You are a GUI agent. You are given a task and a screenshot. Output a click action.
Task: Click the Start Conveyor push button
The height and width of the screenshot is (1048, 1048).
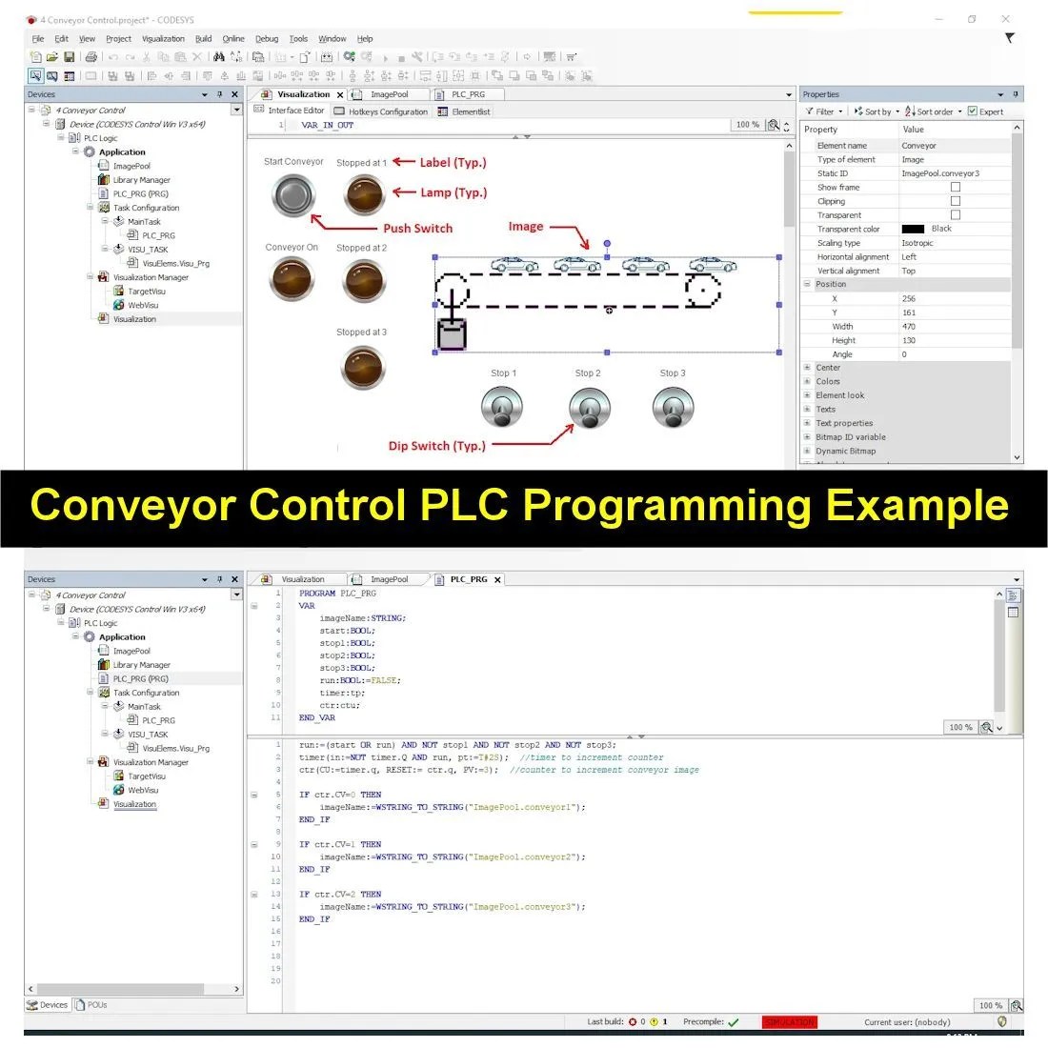[x=293, y=196]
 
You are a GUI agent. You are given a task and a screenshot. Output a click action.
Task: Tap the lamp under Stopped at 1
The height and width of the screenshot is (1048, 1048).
[x=364, y=195]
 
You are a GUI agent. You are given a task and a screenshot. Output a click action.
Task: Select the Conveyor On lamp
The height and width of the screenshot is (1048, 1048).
[x=292, y=281]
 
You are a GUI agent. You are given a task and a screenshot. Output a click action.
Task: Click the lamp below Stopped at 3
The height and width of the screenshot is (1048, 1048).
[x=363, y=367]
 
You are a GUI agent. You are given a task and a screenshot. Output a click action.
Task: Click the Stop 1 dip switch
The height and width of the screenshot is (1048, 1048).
[x=502, y=409]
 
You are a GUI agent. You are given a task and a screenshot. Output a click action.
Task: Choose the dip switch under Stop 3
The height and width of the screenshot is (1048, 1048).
[x=673, y=409]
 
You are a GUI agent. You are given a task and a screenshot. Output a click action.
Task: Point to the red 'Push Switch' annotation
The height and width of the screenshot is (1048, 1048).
[x=417, y=229]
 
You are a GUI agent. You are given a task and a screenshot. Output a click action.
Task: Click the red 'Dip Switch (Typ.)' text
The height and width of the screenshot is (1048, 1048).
[x=436, y=446]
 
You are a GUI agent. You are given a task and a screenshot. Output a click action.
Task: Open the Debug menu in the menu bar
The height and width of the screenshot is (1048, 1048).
[x=267, y=39]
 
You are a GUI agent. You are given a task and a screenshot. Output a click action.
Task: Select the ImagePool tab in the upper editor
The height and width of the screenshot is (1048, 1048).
[x=389, y=95]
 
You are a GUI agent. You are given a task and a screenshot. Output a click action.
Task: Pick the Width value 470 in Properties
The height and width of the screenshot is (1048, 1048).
[x=908, y=327]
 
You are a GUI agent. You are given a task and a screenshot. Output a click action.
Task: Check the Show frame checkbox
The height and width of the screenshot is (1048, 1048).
[x=955, y=188]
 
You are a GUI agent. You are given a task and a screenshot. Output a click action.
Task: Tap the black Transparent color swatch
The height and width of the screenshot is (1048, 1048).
[x=913, y=229]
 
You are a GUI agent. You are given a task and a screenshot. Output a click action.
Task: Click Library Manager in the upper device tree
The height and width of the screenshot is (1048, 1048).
[x=141, y=180]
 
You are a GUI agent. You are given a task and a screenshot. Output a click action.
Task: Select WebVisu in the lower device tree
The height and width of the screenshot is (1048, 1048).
[x=143, y=790]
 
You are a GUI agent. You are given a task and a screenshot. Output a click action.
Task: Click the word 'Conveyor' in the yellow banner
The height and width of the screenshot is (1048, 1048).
[x=131, y=505]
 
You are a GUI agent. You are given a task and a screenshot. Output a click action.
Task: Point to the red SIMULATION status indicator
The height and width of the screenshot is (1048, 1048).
[x=789, y=1022]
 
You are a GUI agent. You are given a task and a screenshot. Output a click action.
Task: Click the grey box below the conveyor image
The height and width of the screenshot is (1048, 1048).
[x=452, y=335]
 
